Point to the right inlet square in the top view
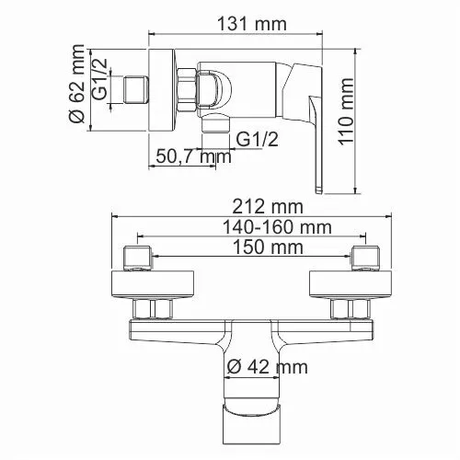[363, 257]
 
